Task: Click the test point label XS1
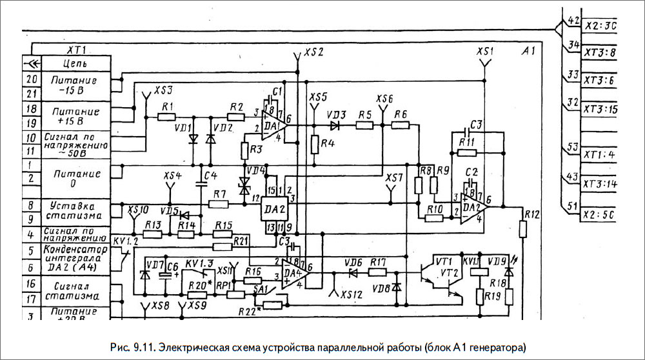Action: pyautogui.click(x=486, y=51)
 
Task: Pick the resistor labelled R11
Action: pyautogui.click(x=466, y=153)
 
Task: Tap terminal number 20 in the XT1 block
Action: pyautogui.click(x=30, y=80)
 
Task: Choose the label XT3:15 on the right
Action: pyautogui.click(x=600, y=110)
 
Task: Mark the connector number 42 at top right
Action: pyautogui.click(x=572, y=21)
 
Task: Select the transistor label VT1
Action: pyautogui.click(x=444, y=261)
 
